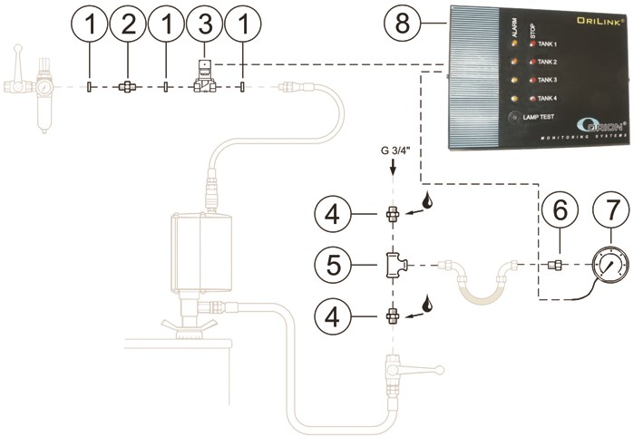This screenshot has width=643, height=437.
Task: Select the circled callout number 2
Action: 128,31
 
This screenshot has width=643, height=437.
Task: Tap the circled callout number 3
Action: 203,31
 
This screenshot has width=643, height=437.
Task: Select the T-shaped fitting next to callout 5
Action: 395,265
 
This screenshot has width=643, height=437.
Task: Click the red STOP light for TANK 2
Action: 533,62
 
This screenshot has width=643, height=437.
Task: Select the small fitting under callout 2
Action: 128,87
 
